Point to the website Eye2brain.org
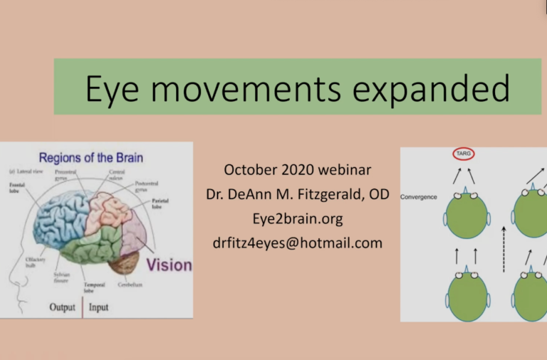tap(297, 218)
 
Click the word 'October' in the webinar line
tap(251, 170)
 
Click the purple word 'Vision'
tap(170, 265)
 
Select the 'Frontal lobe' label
tap(16, 188)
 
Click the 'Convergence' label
tap(419, 196)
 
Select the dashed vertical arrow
tap(504, 249)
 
